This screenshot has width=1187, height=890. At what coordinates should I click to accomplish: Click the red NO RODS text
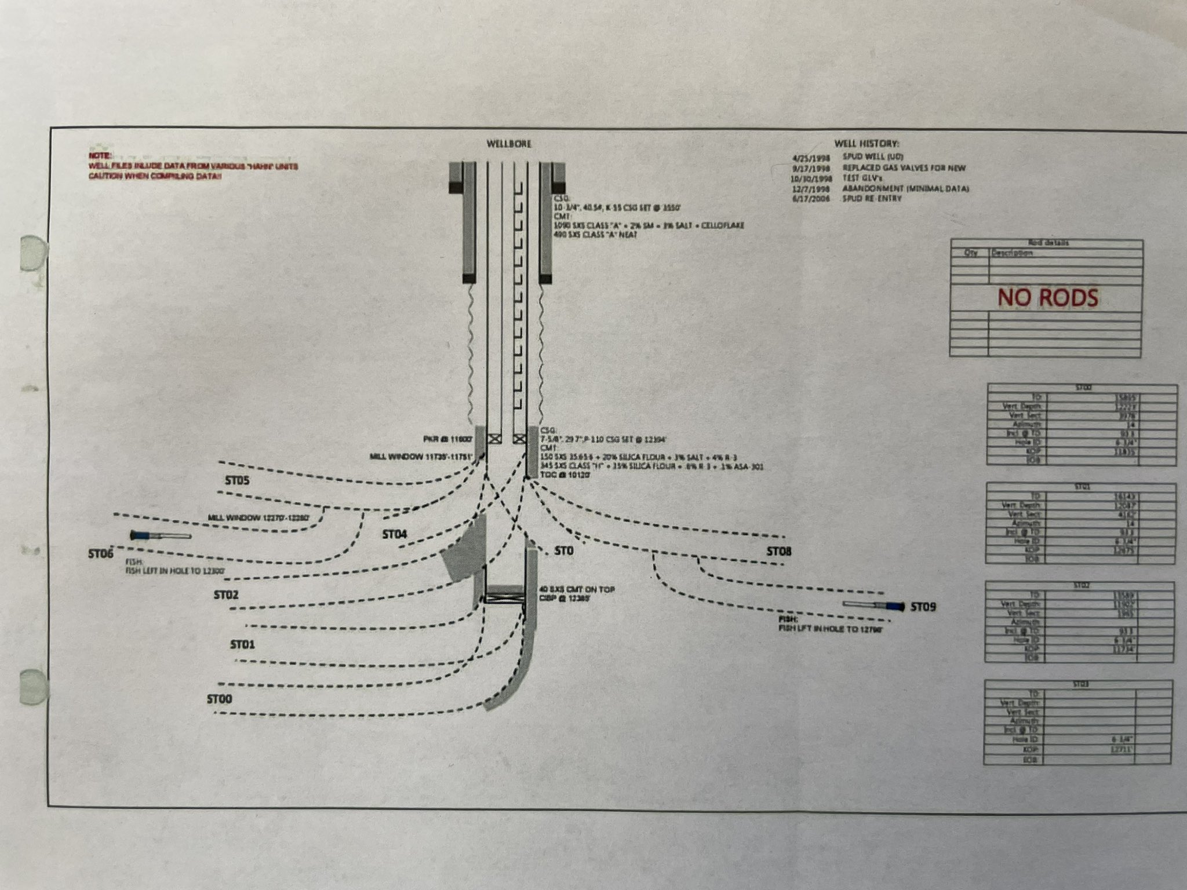coord(1047,297)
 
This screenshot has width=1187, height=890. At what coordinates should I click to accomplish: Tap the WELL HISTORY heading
coord(866,144)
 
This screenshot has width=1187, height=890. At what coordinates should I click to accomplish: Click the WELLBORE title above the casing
coord(509,144)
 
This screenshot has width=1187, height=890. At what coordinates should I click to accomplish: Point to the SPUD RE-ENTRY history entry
coord(872,199)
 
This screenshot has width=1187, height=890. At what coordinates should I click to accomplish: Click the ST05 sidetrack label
coord(237,481)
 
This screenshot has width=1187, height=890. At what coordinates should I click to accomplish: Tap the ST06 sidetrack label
coord(101,554)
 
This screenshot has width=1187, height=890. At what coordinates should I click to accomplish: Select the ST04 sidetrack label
coord(395,535)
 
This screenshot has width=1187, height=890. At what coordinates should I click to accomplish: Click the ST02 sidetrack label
coord(226,595)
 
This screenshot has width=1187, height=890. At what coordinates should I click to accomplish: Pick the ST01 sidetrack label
coord(243,645)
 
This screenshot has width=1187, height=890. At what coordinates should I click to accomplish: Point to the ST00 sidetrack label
coord(220,699)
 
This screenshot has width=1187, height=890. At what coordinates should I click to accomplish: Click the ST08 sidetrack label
coord(779,552)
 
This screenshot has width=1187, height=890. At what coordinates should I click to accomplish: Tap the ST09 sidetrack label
coord(923,607)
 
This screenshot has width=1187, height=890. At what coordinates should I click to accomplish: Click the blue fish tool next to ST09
coord(893,607)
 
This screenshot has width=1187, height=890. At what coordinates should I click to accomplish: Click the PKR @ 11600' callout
coord(450,439)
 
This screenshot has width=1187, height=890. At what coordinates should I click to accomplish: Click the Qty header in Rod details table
coord(970,253)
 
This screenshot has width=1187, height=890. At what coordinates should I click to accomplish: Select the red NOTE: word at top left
coord(97,156)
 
